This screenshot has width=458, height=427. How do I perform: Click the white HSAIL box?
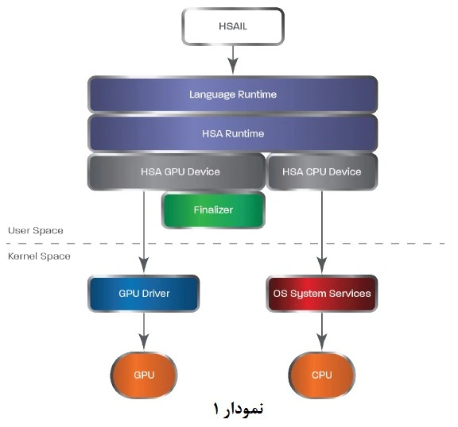point(233,26)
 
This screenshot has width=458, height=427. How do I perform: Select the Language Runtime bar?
point(233,94)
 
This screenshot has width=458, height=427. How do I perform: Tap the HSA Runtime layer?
point(233,133)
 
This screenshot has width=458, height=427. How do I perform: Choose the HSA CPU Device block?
point(322,171)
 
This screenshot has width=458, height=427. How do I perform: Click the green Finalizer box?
point(213,210)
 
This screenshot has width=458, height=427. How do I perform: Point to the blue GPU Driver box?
point(144,293)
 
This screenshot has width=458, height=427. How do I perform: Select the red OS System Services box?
point(322,293)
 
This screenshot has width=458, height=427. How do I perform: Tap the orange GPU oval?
point(144,375)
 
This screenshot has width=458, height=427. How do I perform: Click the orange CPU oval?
point(322,375)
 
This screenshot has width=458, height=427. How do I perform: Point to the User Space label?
point(36,230)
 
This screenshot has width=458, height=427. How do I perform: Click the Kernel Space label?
point(39,256)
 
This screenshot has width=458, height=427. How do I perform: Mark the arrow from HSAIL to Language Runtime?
point(233,60)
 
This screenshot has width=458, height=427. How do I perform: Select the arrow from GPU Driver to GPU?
point(144,332)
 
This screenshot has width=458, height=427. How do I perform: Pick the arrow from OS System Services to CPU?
point(322,332)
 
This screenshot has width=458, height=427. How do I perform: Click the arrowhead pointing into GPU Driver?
point(144,266)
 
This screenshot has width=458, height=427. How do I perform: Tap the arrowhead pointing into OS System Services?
point(322,266)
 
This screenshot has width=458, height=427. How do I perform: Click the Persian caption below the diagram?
point(238,409)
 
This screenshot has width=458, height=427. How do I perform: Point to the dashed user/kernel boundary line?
point(226,243)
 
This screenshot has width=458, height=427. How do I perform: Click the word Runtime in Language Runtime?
point(257,94)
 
